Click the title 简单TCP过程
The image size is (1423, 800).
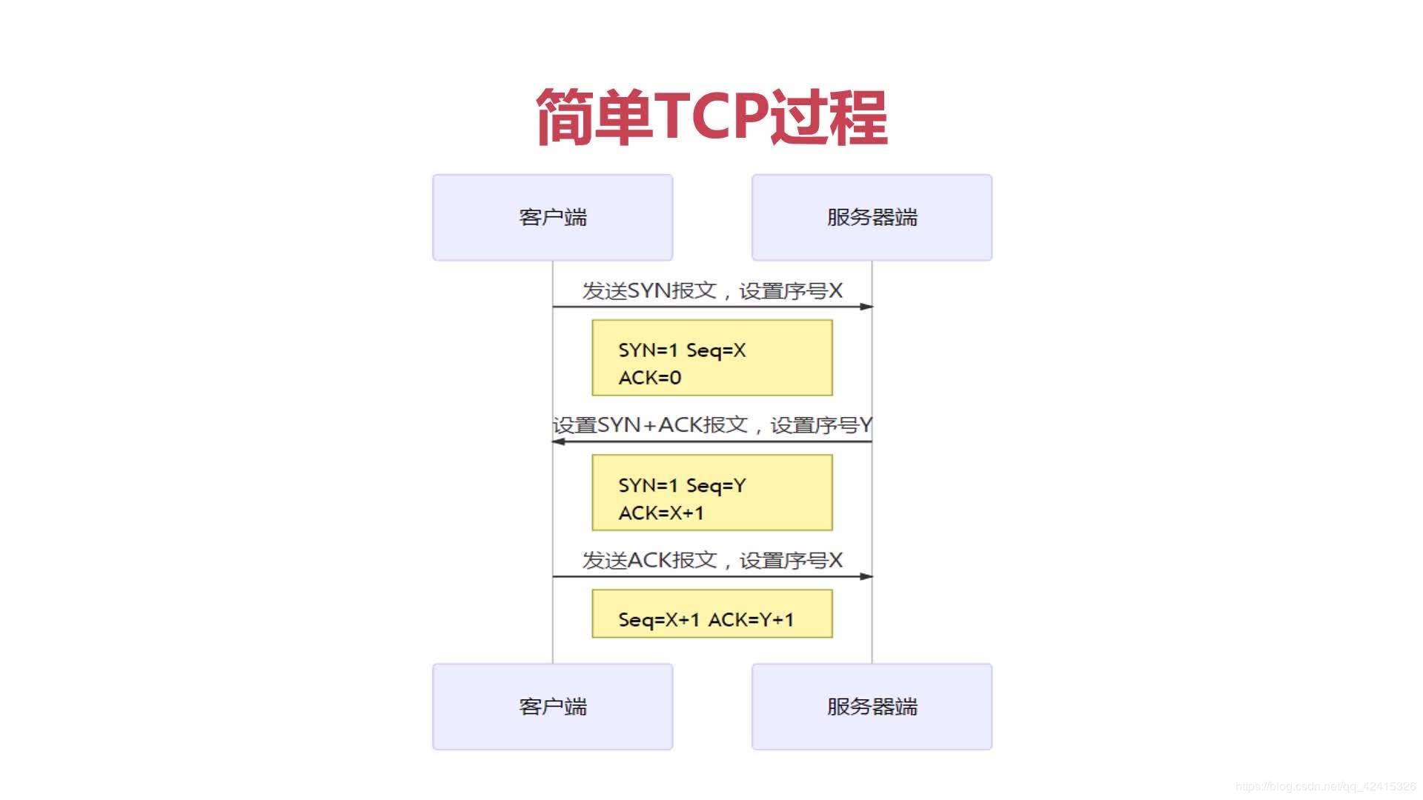tap(711, 116)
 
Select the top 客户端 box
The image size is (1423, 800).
tap(552, 217)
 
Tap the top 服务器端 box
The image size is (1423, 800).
tap(872, 217)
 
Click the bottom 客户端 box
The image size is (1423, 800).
tap(552, 707)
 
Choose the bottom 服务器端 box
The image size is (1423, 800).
tap(872, 707)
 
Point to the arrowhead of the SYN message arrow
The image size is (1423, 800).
tap(866, 307)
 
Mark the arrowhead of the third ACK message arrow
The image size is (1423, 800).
tap(866, 576)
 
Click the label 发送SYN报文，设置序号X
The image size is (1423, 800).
tap(711, 290)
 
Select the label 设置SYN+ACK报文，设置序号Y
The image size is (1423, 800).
tap(711, 425)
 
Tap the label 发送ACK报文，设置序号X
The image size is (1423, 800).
tap(711, 560)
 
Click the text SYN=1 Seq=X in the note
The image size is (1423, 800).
tap(682, 350)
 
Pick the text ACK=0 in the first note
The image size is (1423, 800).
tap(649, 378)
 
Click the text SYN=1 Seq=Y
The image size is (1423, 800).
tap(682, 485)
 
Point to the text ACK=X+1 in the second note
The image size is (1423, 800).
tap(661, 513)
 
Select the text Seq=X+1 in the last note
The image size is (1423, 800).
tap(659, 619)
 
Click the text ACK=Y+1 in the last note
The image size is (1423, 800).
tap(751, 619)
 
